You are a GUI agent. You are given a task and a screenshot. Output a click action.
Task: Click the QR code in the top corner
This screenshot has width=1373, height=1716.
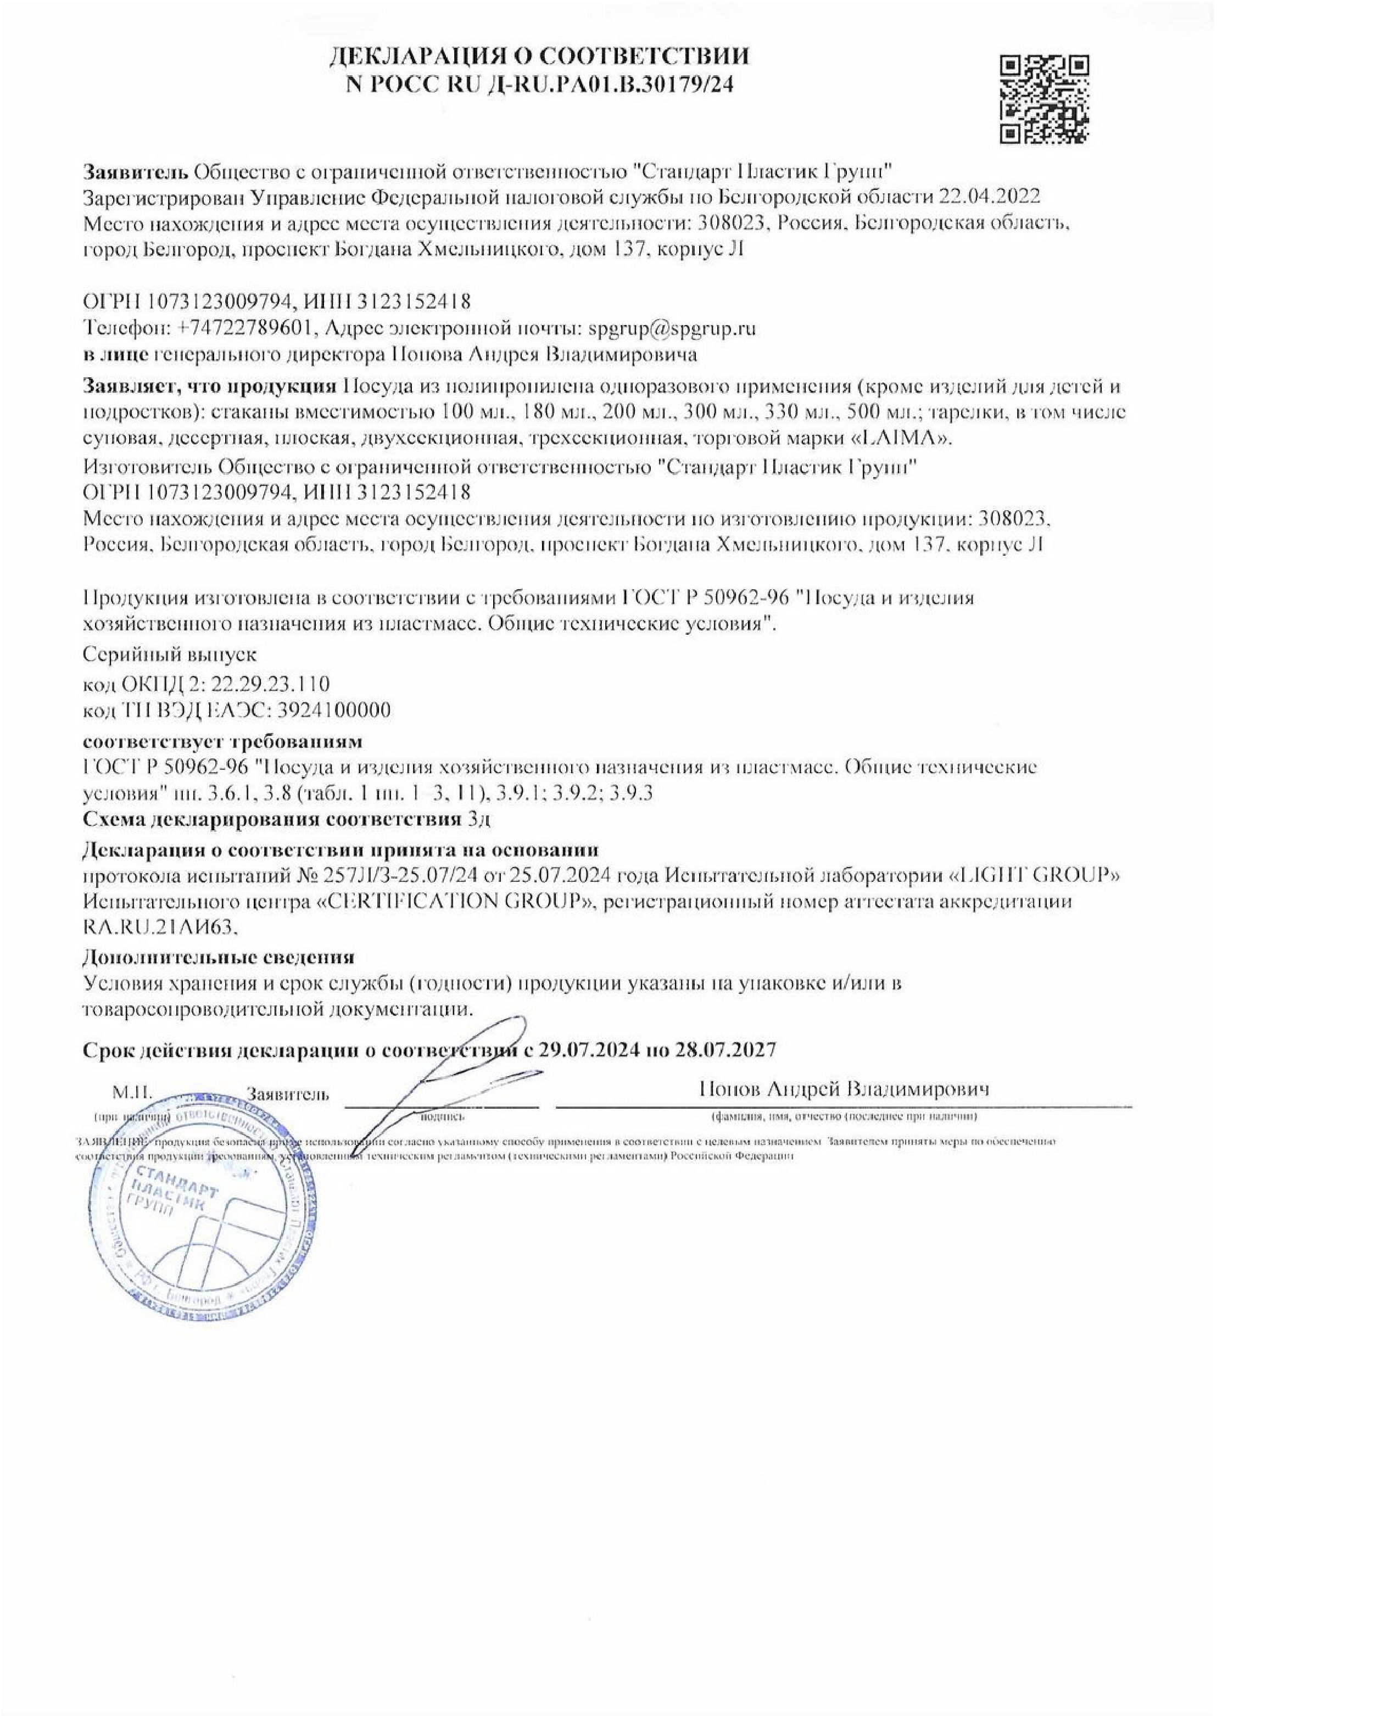(x=1044, y=99)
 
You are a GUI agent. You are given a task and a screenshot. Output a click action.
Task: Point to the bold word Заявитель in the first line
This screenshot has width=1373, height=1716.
(x=135, y=171)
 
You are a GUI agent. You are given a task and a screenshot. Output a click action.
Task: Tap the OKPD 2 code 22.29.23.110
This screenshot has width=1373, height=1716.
(x=271, y=683)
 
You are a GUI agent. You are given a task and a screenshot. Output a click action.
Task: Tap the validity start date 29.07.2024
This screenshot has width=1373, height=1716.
(x=589, y=1049)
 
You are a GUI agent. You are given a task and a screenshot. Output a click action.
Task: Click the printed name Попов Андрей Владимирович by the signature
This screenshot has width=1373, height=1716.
(x=844, y=1089)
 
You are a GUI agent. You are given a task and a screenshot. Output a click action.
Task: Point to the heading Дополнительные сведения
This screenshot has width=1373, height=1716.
(x=219, y=956)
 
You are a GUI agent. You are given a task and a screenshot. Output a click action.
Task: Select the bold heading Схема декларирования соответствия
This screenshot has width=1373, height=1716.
(x=271, y=819)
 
